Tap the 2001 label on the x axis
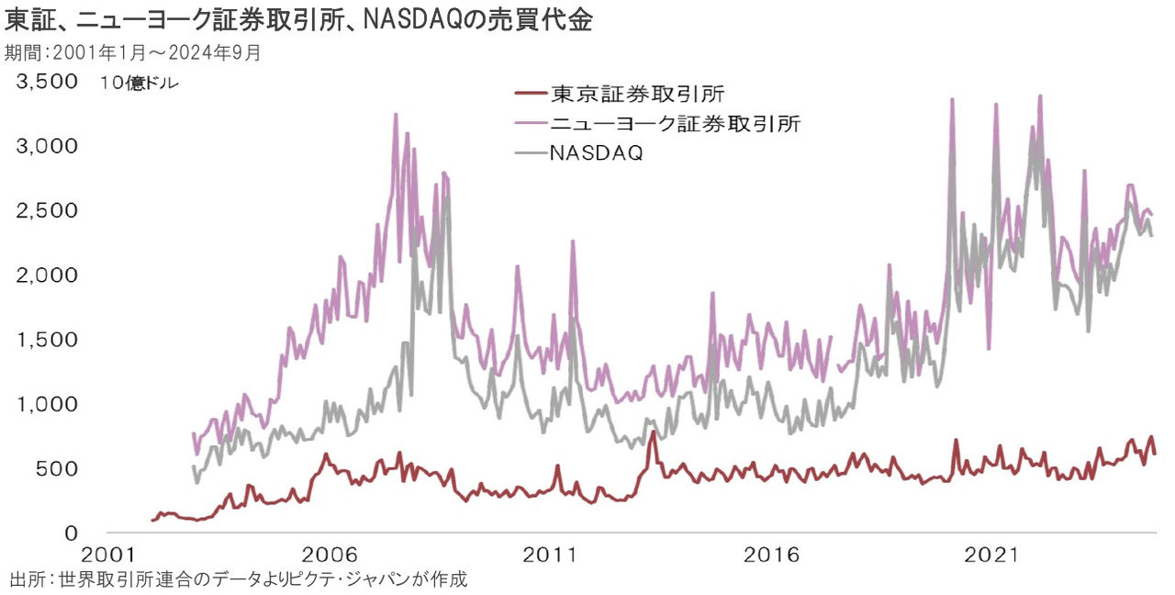tap(106, 556)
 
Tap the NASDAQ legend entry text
tap(596, 152)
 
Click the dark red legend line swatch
tap(529, 95)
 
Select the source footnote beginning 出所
tap(239, 580)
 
